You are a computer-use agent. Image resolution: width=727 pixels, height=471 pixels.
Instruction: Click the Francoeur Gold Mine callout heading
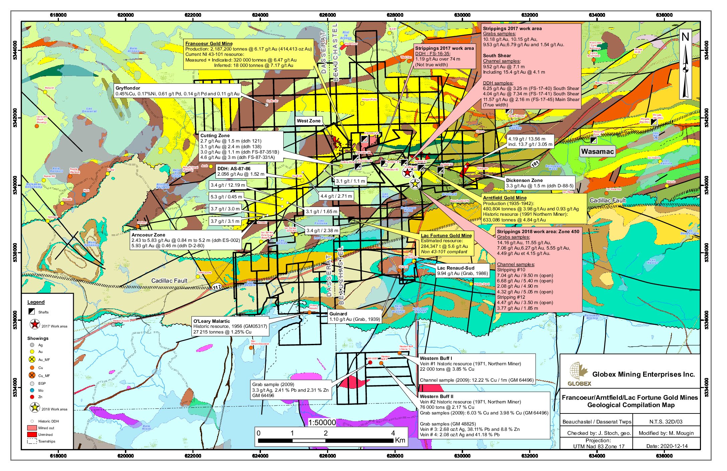tap(209, 43)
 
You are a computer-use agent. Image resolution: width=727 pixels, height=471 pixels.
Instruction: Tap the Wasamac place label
tap(597, 152)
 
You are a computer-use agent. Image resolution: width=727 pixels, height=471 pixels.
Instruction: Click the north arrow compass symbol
tap(685, 65)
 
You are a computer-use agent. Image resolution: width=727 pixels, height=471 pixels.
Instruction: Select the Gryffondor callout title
tap(128, 88)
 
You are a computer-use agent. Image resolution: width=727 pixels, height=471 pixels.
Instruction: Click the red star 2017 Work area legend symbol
tap(35, 324)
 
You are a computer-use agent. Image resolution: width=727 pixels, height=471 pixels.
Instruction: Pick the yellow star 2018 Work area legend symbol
tap(35, 407)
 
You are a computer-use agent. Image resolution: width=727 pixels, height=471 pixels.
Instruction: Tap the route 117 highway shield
tap(217, 287)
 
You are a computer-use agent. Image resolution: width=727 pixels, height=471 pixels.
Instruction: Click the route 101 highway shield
tap(535, 164)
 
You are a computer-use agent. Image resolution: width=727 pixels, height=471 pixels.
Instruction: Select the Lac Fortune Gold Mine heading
tap(446, 235)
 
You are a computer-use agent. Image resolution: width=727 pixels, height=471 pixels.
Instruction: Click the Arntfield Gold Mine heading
tap(504, 198)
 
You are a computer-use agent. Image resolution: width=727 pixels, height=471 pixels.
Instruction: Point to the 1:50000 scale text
tap(322, 422)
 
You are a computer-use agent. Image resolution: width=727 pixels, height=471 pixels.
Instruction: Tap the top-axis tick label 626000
tap(327, 15)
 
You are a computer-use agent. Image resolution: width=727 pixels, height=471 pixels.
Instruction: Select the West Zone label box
tap(309, 121)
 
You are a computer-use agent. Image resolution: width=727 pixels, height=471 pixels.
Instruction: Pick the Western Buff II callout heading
tap(436, 396)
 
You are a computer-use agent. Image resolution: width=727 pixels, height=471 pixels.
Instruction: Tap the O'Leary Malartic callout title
tap(211, 321)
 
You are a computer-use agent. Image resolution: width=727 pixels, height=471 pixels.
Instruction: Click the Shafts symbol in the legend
tap(32, 311)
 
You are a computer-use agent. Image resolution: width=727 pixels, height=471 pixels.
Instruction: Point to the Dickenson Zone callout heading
tap(524, 180)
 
